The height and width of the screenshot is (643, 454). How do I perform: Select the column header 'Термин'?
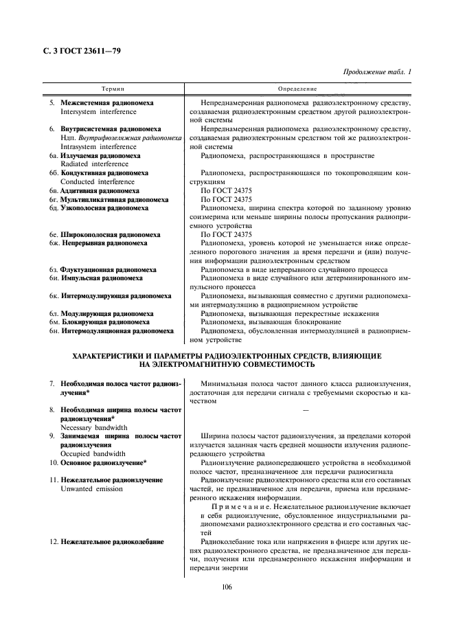(113, 89)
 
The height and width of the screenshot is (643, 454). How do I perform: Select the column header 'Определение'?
(297, 89)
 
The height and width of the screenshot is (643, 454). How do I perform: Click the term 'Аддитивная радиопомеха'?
(100, 191)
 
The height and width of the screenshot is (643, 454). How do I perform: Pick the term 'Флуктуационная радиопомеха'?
(108, 271)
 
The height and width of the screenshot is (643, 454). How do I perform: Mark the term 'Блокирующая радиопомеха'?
(105, 322)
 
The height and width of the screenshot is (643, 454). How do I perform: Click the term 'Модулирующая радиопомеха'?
(106, 314)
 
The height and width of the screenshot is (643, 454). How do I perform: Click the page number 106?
(227, 586)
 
